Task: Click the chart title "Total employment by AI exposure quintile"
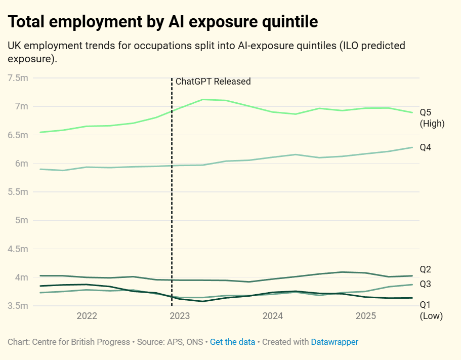[x=163, y=22]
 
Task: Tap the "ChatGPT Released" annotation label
[x=213, y=81]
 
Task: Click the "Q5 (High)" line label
[x=432, y=118]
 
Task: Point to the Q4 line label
[x=425, y=147]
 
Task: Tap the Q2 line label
[x=425, y=269]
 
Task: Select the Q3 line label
[x=425, y=284]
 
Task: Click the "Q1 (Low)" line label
[x=431, y=310]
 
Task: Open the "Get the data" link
[x=232, y=342]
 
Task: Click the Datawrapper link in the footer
[x=334, y=342]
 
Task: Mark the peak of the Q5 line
[x=203, y=99]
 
